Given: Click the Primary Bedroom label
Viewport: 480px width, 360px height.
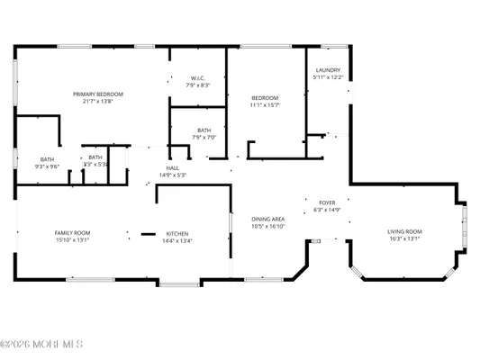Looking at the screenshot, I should click(x=98, y=94).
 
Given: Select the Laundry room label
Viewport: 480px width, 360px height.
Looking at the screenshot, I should click(x=327, y=70).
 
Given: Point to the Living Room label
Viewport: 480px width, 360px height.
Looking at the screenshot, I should click(x=404, y=231).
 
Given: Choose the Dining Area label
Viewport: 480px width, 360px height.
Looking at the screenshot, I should click(x=267, y=220).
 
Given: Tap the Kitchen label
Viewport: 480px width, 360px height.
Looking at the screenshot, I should click(x=176, y=233).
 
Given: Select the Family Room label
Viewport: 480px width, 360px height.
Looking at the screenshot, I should click(x=72, y=233).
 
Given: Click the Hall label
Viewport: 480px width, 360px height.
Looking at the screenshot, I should click(x=173, y=167).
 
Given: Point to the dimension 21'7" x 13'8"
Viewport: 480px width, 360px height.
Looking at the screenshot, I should click(x=98, y=102).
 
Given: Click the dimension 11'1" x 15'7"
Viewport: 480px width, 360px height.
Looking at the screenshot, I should click(x=265, y=104).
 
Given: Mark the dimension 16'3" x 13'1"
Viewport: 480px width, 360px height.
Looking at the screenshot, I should click(x=404, y=239).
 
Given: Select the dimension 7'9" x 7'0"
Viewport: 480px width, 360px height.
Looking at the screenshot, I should click(x=204, y=138).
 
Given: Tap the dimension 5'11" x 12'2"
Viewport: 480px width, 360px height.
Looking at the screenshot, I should click(x=327, y=77).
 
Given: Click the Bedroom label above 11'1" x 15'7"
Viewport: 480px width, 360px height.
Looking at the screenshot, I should click(x=265, y=97).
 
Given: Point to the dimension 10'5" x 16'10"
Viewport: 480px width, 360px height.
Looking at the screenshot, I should click(x=267, y=228).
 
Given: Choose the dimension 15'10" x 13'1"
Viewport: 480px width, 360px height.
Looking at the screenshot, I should click(x=72, y=240).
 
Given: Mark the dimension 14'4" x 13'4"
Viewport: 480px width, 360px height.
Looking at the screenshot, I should click(x=176, y=240).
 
